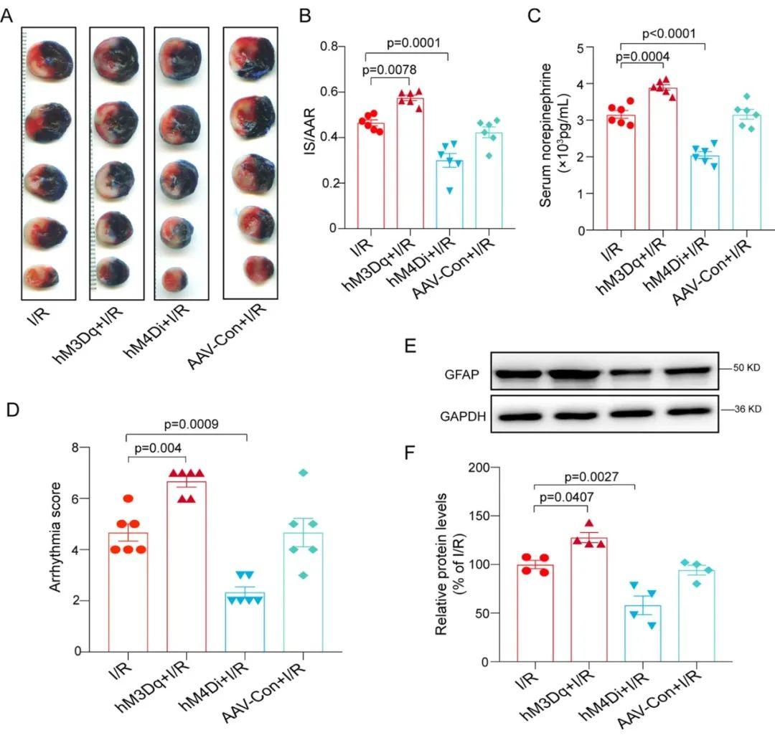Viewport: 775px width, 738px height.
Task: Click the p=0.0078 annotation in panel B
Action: coord(390,70)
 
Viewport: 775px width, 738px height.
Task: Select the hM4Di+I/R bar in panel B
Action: coord(449,194)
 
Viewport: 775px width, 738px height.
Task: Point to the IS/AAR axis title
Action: coord(310,132)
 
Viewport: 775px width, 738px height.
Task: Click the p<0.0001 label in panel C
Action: coord(669,34)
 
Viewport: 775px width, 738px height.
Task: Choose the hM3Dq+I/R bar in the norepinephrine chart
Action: coord(663,159)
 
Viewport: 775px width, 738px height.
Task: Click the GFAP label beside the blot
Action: coord(462,374)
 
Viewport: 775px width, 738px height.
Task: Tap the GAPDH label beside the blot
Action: coord(463,417)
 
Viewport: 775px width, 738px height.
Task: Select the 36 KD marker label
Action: coord(747,409)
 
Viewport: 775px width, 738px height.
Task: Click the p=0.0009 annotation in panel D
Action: coord(192,425)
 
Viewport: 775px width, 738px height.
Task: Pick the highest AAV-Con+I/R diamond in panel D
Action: coord(304,473)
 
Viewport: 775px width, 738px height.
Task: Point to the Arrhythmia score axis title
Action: coord(55,537)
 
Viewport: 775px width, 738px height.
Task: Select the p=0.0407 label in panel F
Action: coord(566,497)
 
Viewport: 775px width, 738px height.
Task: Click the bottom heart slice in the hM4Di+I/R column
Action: coord(175,278)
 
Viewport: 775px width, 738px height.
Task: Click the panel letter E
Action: coord(410,345)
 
